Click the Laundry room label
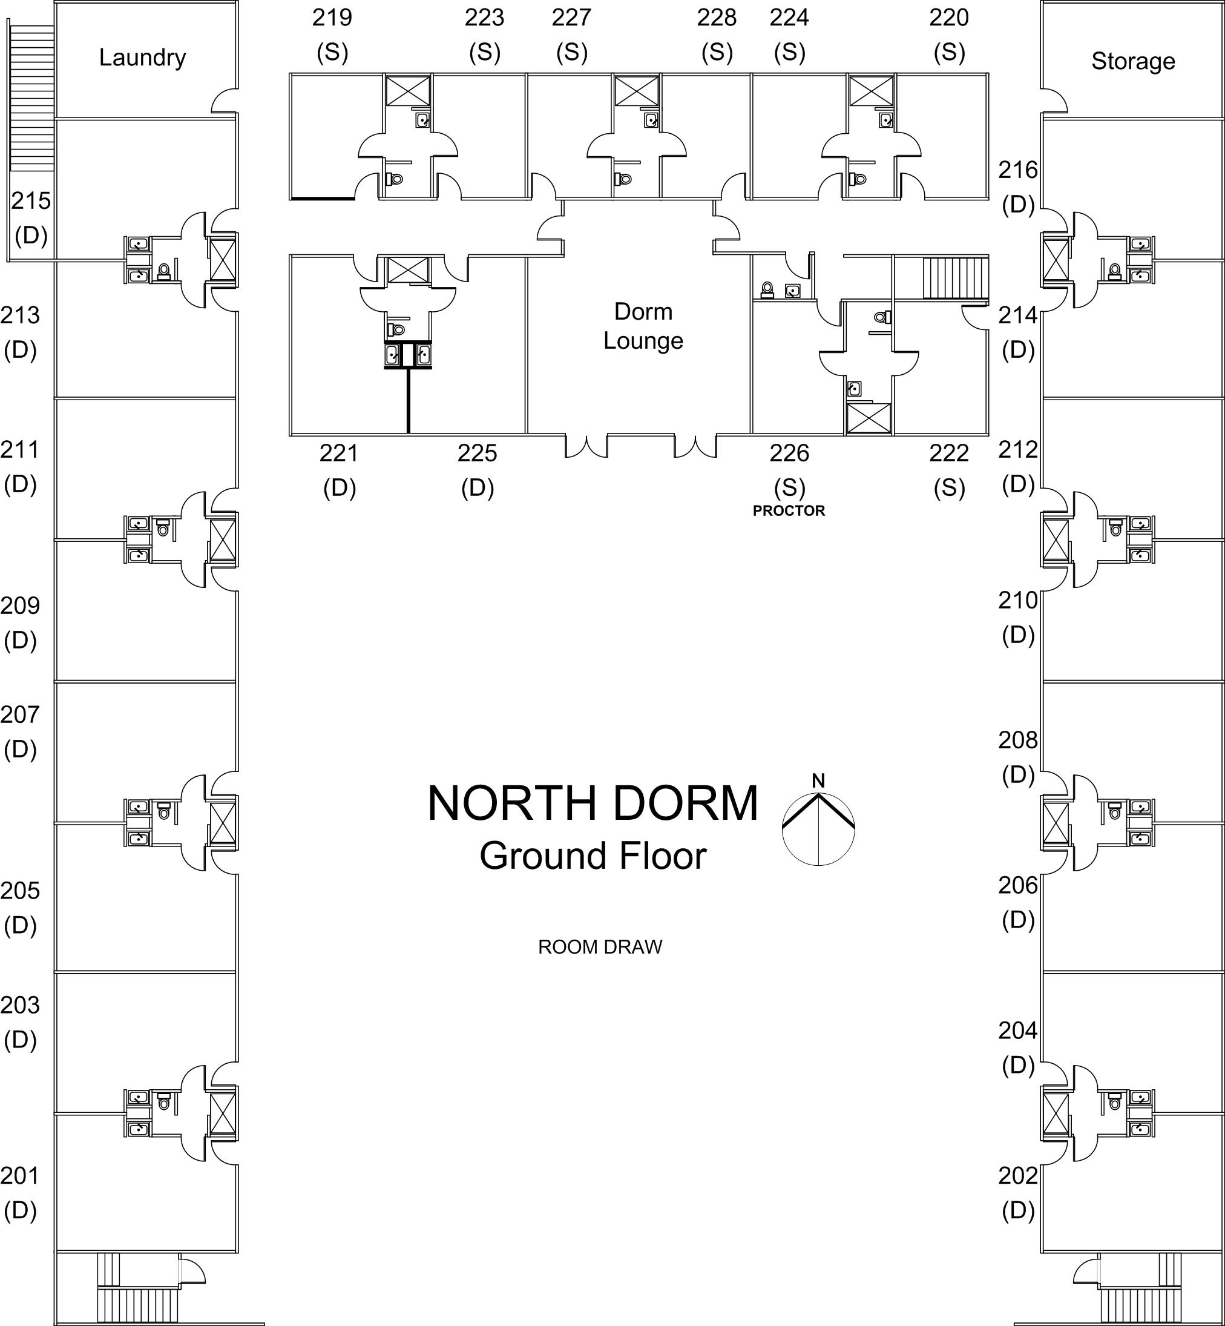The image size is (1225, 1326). [x=142, y=58]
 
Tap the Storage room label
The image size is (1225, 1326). [x=1133, y=61]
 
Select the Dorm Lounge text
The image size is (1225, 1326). [x=643, y=326]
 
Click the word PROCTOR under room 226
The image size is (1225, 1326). [x=789, y=510]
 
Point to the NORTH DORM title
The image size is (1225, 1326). [x=593, y=803]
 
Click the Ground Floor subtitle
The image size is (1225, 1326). [x=593, y=856]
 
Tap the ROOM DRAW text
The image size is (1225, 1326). [x=600, y=947]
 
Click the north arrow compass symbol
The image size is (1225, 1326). [x=818, y=826]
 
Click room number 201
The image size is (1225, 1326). [x=20, y=1175]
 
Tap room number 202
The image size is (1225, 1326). [x=1017, y=1175]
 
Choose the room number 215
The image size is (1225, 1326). [x=30, y=201]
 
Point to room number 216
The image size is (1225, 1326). [x=1017, y=170]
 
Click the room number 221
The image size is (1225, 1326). [x=339, y=454]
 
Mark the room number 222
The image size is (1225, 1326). [x=948, y=454]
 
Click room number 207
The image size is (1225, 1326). [x=20, y=714]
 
